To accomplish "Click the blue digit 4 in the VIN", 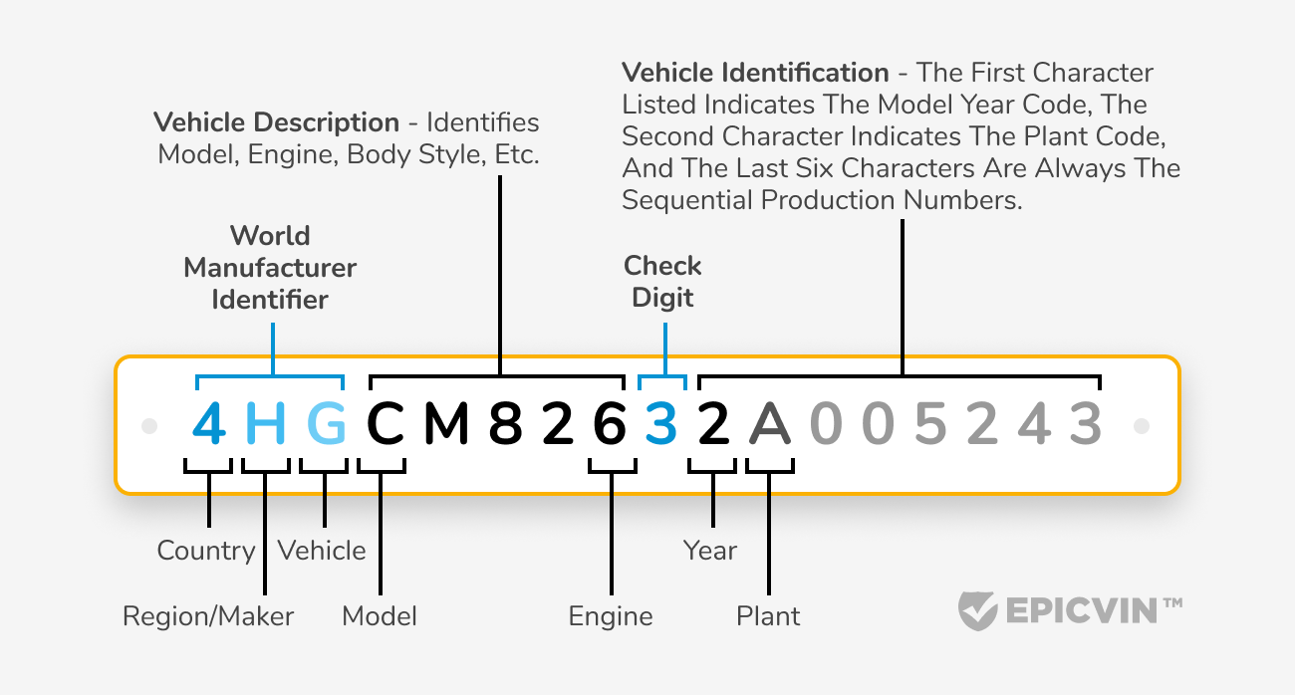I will [x=209, y=425].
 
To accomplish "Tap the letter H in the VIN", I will [x=266, y=425].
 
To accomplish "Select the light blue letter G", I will [x=326, y=425].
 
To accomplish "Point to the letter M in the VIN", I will [x=445, y=425].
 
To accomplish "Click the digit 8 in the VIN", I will [x=506, y=425].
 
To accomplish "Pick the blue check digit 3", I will [x=661, y=425].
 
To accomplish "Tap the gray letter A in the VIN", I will [x=769, y=425].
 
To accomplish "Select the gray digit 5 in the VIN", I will [x=929, y=425].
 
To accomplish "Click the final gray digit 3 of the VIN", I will [x=1085, y=425].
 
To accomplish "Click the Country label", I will [x=206, y=551].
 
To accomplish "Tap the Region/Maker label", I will [x=208, y=616].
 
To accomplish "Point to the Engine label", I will [x=611, y=616].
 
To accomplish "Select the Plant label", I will [x=768, y=616].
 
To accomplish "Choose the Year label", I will [x=710, y=551].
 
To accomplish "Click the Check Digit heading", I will [x=662, y=282].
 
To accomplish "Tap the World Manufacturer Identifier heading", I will [x=270, y=268].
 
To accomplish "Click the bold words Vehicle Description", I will [x=276, y=122].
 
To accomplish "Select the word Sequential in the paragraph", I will [x=688, y=200].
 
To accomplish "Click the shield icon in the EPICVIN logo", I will [x=975, y=610].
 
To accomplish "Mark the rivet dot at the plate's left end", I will [x=149, y=426].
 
